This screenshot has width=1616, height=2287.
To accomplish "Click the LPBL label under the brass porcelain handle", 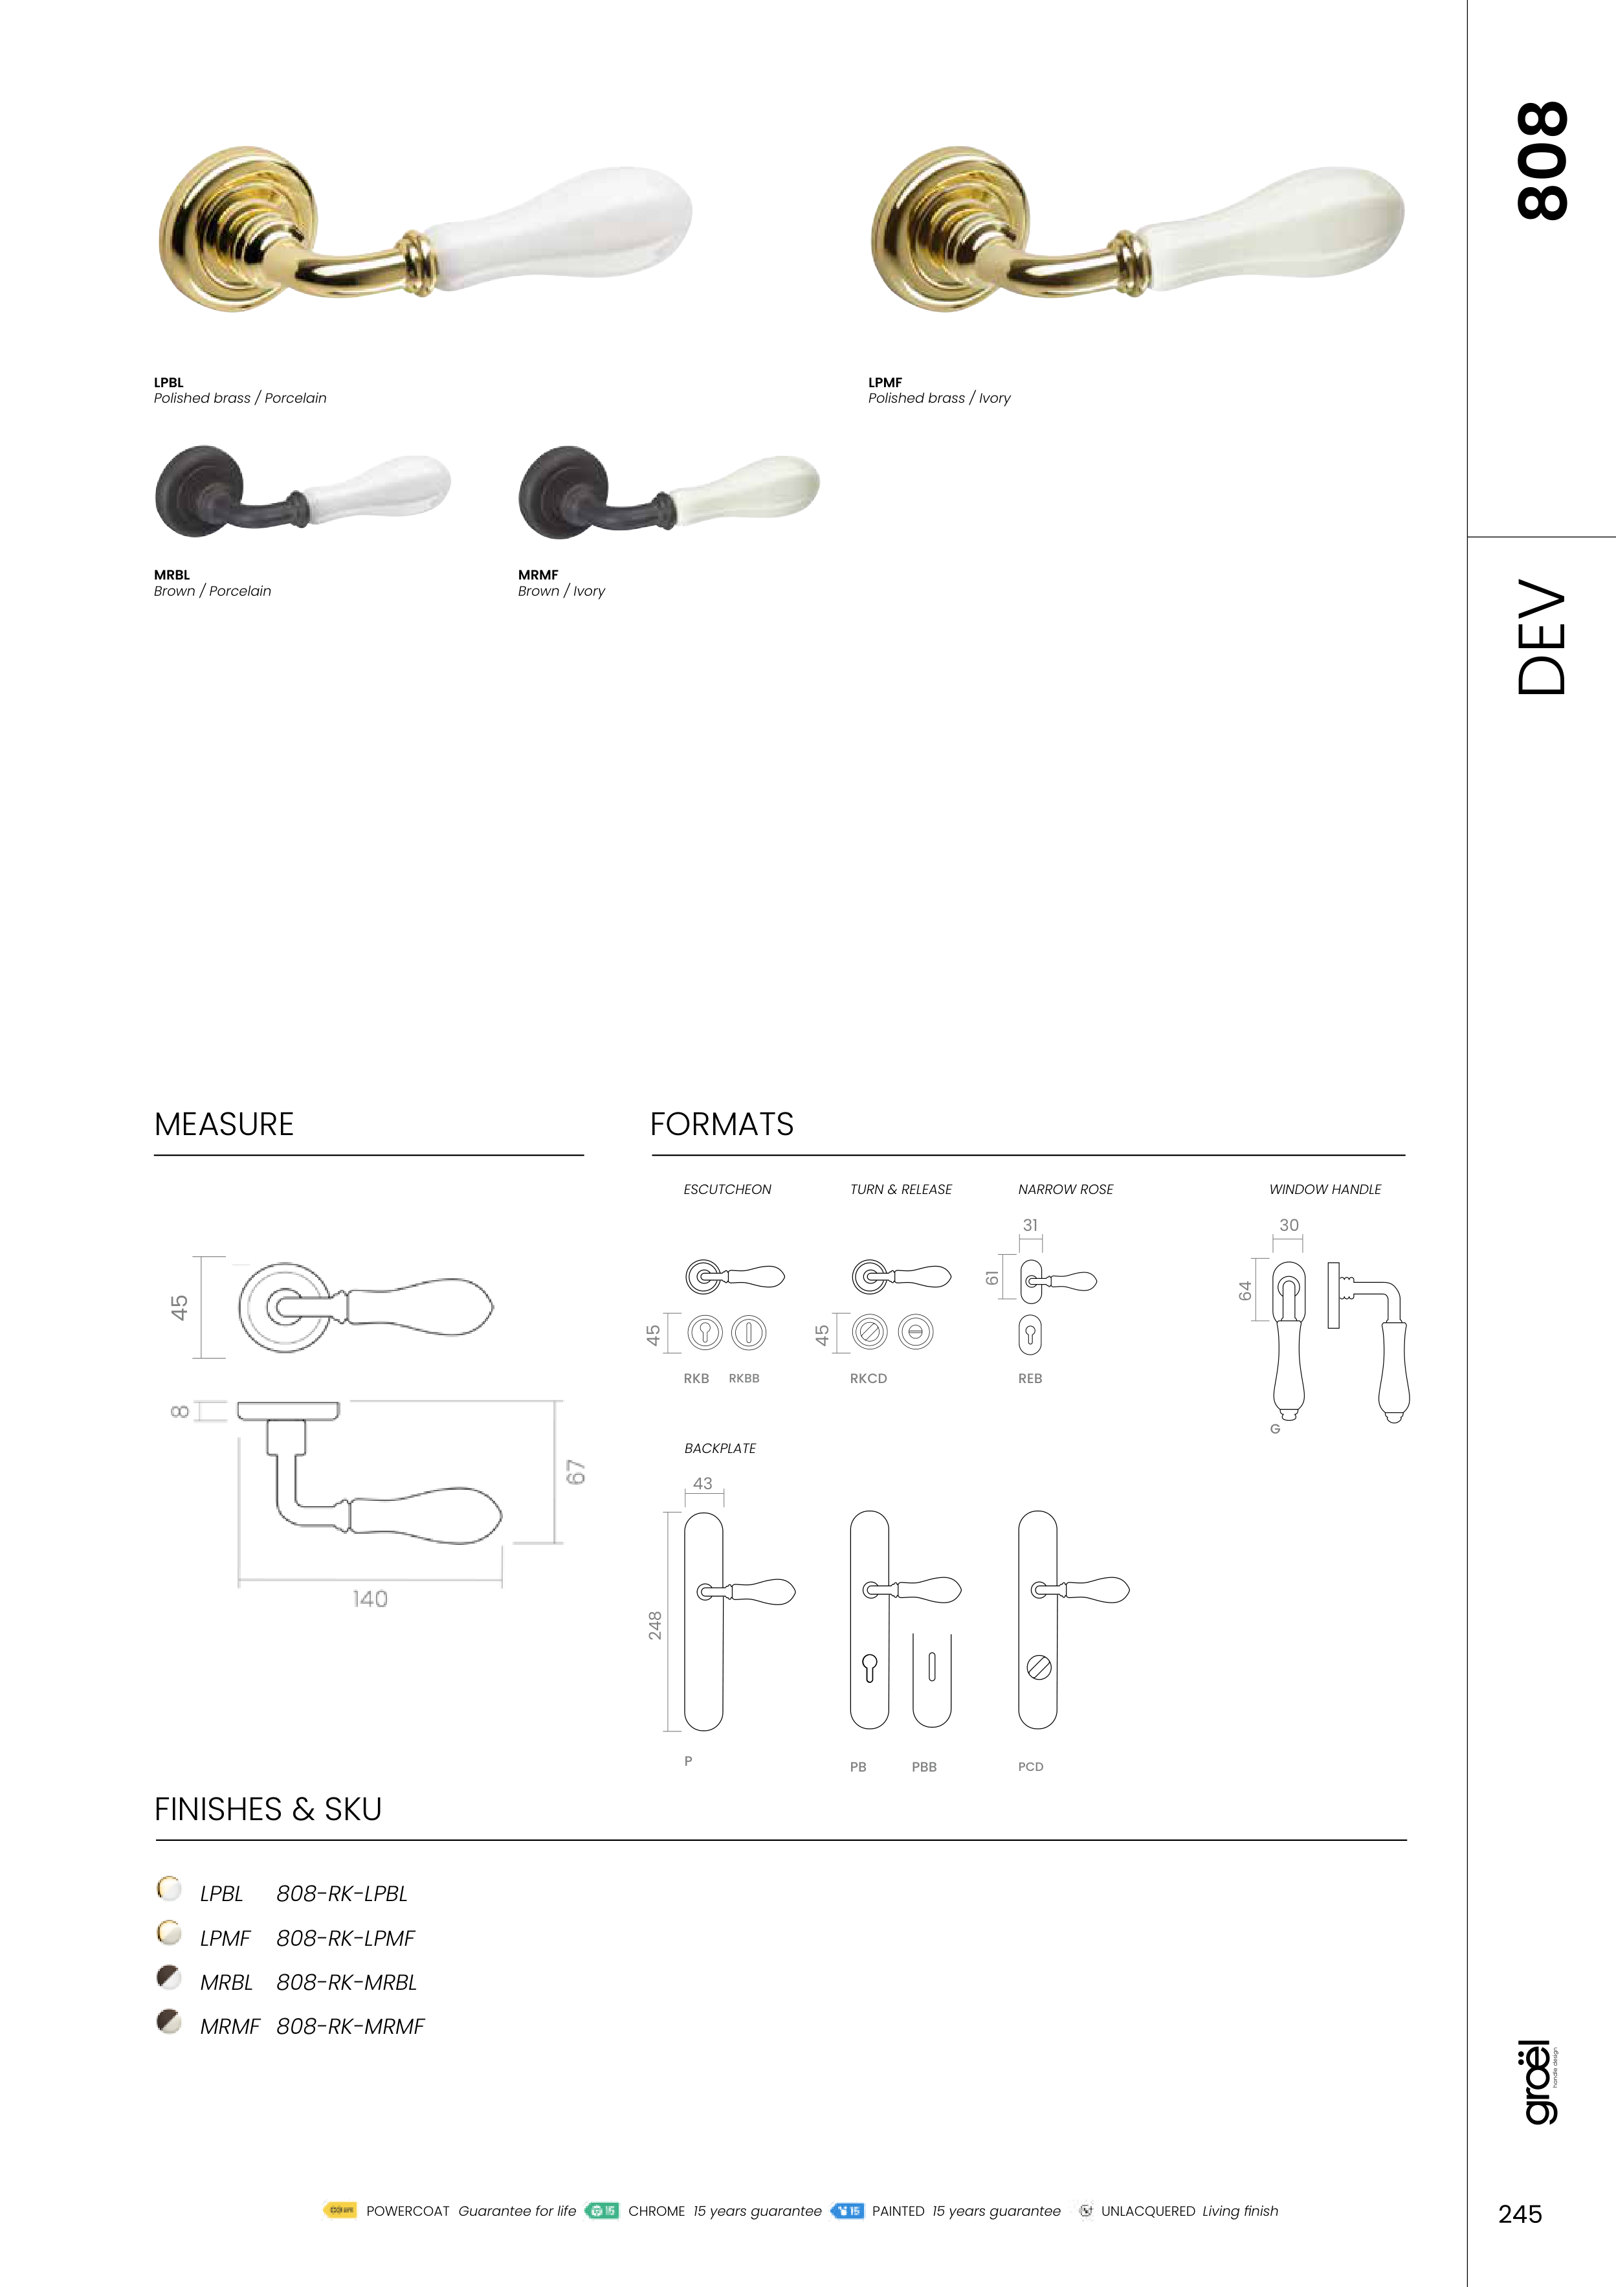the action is (x=168, y=383).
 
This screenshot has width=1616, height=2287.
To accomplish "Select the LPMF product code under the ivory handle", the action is (x=885, y=383).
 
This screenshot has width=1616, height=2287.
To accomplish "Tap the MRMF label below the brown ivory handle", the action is (x=538, y=575).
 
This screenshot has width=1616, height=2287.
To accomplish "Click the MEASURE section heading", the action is (x=224, y=1125).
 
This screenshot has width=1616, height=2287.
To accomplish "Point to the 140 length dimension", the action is (x=370, y=1599).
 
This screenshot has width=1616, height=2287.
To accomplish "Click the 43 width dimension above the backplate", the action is (x=703, y=1483).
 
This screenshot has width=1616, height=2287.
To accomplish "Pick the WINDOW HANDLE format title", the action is (x=1325, y=1189).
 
